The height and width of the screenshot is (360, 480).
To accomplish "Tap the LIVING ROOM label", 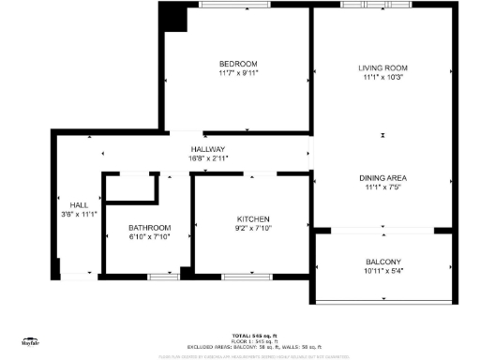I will coord(382,68).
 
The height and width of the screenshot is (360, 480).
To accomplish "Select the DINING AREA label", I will coord(382,177).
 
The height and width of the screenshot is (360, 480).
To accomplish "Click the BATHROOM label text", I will coord(149,228).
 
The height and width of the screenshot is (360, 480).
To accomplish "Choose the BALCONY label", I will coord(383,262).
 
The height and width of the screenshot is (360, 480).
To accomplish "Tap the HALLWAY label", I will coord(208,149).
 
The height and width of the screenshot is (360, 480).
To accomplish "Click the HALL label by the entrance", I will coord(79,204).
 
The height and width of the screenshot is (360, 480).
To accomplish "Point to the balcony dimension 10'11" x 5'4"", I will coord(383,272).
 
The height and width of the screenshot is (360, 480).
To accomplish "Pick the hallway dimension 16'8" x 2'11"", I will coord(208,158).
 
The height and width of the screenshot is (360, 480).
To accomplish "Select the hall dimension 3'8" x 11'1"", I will coord(79,215).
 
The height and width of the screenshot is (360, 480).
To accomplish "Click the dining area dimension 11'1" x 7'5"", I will coord(382,187).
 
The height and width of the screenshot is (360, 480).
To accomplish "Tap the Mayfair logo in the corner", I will coord(31,344).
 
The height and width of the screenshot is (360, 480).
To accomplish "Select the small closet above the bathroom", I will coord(130,187).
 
